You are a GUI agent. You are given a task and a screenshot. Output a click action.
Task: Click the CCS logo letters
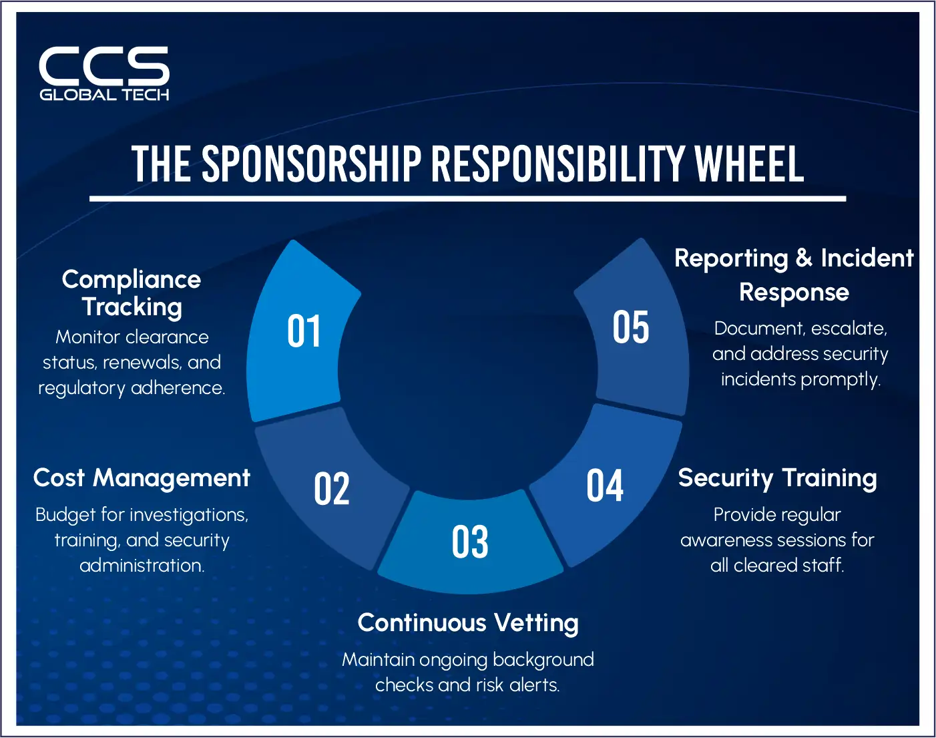104,65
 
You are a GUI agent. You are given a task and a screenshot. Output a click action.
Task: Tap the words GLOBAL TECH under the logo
104,95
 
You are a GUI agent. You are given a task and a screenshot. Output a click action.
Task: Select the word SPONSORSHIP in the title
311,164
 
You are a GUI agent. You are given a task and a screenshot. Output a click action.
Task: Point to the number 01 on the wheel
304,331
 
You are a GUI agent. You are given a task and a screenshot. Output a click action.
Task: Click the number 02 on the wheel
332,489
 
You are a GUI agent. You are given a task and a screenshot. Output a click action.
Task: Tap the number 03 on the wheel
470,542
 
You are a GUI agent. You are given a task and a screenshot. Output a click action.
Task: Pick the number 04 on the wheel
605,486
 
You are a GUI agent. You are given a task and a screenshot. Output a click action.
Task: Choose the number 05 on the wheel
631,327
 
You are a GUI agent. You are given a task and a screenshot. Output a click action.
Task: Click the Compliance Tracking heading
132,293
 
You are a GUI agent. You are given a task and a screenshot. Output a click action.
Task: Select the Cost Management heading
142,478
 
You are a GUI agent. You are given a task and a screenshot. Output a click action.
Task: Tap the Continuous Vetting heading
468,622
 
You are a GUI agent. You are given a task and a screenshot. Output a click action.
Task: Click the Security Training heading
777,478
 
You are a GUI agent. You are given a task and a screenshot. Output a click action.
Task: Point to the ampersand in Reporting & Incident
804,258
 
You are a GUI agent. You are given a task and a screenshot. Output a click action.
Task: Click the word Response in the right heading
794,293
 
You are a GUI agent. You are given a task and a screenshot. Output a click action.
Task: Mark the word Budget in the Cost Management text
65,515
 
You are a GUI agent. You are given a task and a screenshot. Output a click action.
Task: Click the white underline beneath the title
467,198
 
